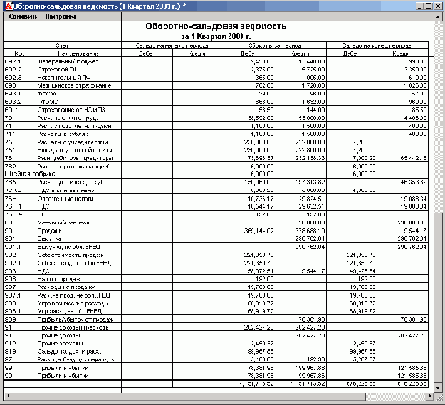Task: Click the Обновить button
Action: [23, 17]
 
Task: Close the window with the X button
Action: [439, 6]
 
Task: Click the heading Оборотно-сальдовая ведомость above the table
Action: [216, 27]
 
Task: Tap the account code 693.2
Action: [13, 102]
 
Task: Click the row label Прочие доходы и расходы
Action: [73, 328]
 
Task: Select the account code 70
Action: [9, 117]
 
